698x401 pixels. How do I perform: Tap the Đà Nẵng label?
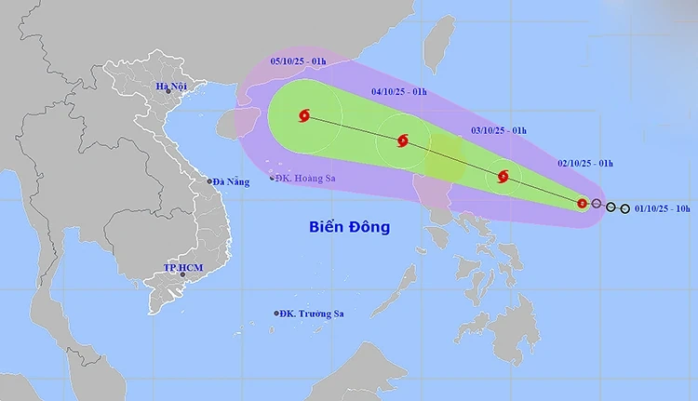point(232,181)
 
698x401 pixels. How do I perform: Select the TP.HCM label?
point(183,268)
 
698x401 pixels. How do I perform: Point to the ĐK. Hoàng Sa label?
point(306,178)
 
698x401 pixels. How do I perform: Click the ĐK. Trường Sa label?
point(314,314)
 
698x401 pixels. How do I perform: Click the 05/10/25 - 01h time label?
point(297,60)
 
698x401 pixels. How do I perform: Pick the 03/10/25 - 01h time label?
point(499,130)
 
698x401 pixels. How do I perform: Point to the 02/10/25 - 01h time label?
point(584,163)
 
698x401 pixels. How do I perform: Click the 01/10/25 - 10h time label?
point(662,208)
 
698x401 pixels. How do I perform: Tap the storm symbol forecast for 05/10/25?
point(303,116)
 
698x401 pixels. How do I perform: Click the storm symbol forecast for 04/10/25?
point(402,141)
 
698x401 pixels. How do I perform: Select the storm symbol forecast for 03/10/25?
point(503,176)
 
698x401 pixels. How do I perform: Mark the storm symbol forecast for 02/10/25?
point(582,203)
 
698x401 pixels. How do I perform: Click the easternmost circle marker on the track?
point(624,208)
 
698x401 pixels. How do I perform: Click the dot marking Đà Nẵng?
point(209,181)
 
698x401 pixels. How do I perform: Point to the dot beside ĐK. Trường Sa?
point(276,314)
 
